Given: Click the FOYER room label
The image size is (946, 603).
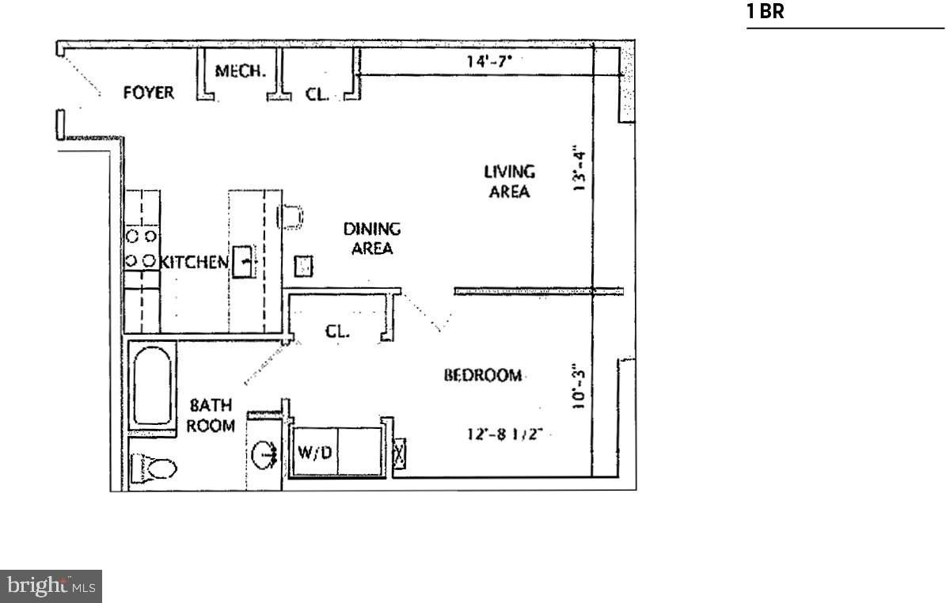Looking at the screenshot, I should tap(148, 93).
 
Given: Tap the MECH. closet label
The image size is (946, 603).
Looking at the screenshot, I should tap(240, 71).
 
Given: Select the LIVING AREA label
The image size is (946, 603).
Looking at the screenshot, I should tap(509, 181).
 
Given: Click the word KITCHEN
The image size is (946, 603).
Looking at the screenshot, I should tap(194, 262).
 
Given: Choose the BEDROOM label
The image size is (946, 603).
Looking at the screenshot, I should tap(482, 375).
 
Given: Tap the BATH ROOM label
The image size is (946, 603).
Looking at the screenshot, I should tap(211, 415).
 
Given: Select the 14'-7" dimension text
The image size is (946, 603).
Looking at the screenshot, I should tap(487, 60).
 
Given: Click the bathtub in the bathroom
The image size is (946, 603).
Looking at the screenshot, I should tap(154, 386).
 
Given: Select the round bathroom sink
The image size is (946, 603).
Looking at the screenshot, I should tap(264, 454).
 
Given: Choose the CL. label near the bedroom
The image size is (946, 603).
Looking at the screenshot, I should tap(337, 332).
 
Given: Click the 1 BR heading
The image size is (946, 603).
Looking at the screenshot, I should tap(765, 12).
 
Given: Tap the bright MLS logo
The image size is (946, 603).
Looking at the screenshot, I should tap(51, 586).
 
